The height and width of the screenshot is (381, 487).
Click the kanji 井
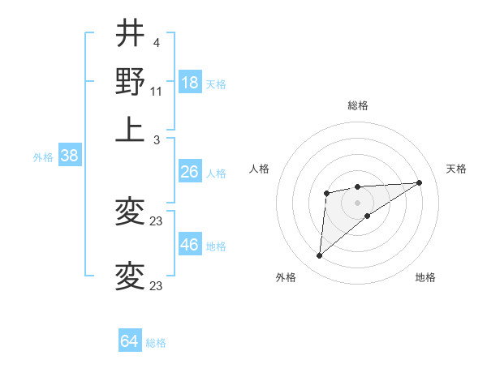130,34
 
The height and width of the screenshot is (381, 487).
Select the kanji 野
130,81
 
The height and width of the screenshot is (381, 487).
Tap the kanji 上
130,128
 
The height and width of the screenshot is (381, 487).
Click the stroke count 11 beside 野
157,91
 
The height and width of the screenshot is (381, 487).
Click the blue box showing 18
190,83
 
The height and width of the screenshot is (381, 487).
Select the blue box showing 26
190,172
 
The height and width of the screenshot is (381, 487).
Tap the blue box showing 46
190,245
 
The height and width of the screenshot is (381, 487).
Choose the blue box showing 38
69,156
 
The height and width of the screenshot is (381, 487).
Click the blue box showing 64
130,341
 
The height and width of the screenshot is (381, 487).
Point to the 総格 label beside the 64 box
157,343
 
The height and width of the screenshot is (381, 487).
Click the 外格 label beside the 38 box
43,157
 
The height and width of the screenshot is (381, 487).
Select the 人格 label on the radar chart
260,169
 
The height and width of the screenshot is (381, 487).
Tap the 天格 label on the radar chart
456,169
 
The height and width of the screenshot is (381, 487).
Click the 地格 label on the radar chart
425,277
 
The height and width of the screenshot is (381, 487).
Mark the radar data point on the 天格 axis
419,182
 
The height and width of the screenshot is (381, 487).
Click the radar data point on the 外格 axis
320,256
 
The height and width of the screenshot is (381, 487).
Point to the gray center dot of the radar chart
357,202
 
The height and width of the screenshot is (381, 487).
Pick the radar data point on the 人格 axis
326,193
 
